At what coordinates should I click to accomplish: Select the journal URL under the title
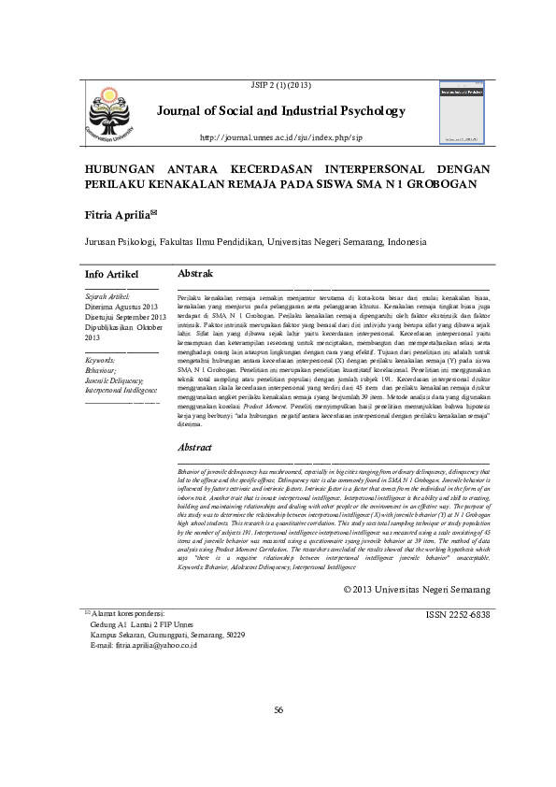click(280, 137)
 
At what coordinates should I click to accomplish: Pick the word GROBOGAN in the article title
click(434, 184)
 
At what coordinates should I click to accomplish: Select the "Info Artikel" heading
click(111, 274)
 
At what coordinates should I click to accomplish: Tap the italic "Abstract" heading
click(196, 448)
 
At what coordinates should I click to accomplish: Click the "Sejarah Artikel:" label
click(107, 295)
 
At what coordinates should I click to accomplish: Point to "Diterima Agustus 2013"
click(122, 306)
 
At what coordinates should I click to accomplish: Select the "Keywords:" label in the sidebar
click(100, 360)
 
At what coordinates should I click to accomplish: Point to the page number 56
click(278, 737)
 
